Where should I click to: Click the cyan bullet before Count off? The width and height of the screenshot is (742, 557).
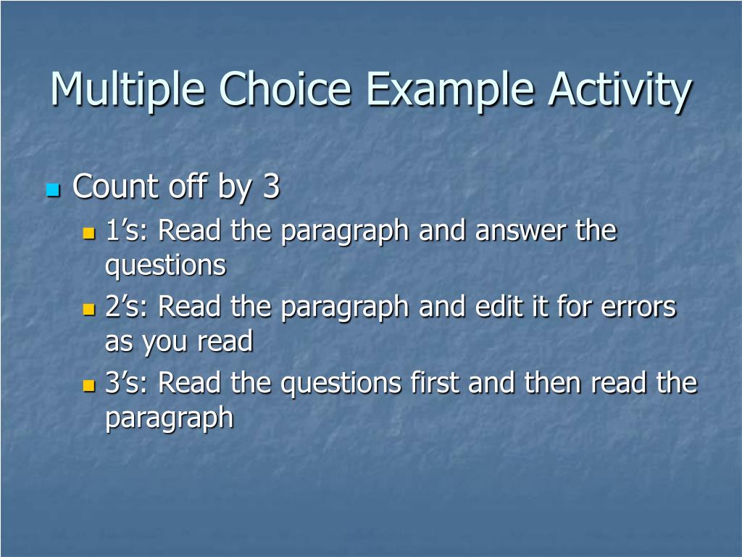pos(52,190)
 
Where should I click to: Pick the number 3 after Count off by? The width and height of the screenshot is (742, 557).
pos(270,187)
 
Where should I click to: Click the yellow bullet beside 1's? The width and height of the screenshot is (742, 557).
pos(89,234)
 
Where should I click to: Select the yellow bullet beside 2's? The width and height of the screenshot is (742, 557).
pos(89,309)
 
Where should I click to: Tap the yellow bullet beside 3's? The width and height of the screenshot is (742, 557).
pos(89,385)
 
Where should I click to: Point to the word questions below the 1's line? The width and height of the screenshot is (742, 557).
pos(165,265)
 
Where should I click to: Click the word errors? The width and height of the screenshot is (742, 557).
pos(638,307)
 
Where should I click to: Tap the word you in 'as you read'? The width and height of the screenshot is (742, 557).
pos(164,342)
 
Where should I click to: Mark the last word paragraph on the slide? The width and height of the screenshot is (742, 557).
pos(169,418)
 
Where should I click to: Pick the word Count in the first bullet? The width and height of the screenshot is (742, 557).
pos(116,187)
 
